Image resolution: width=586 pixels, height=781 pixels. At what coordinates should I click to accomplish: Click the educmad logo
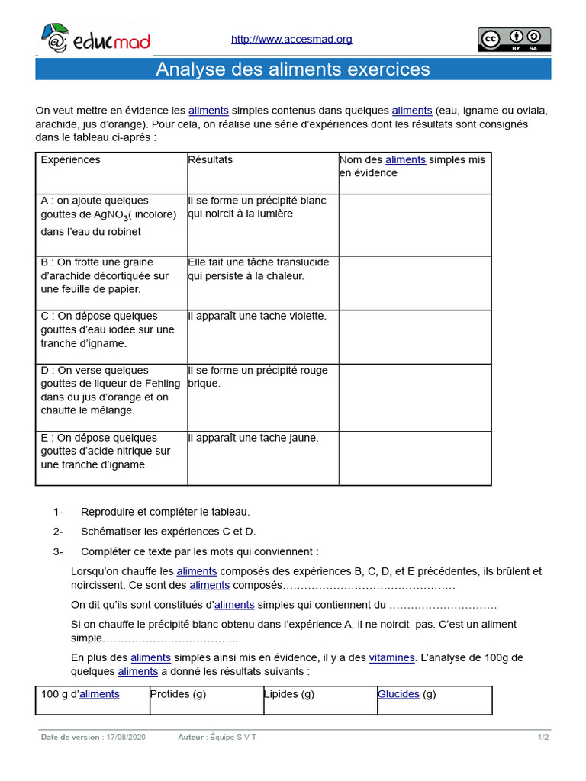coord(95,39)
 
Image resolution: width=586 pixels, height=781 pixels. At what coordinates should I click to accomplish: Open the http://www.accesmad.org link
coord(291,40)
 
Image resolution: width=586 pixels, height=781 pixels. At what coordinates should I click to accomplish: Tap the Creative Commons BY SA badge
coord(514,40)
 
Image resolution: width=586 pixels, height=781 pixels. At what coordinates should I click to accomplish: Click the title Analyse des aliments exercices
coord(293,69)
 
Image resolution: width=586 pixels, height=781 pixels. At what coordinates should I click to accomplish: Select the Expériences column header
coord(70,160)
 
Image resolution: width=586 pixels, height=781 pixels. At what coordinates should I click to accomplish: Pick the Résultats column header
coord(211,160)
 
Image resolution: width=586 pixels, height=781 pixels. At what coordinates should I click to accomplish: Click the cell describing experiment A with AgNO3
coord(111,216)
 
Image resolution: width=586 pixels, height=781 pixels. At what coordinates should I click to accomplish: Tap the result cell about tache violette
coord(258,316)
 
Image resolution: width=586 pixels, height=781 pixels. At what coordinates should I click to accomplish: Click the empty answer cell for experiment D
coord(415,397)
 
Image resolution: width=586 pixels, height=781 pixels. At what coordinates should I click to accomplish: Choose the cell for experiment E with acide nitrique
coord(111,451)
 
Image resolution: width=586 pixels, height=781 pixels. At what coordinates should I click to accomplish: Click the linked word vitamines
coord(392,657)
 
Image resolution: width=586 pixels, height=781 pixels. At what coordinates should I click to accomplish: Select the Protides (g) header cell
coord(179,694)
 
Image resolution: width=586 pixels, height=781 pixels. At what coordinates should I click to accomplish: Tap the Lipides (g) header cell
coord(289,694)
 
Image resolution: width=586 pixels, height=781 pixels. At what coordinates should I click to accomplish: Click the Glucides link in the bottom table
coord(398,694)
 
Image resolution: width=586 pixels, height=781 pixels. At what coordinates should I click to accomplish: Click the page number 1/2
coord(543,738)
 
